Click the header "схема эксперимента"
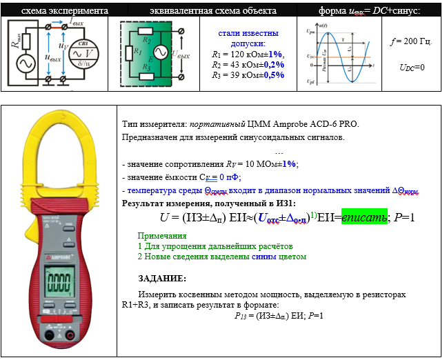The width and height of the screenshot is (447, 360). point(54,12)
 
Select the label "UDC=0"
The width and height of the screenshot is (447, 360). point(412,68)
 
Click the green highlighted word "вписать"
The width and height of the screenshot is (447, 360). point(363,218)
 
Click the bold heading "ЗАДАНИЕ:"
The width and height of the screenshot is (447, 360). point(162,278)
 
